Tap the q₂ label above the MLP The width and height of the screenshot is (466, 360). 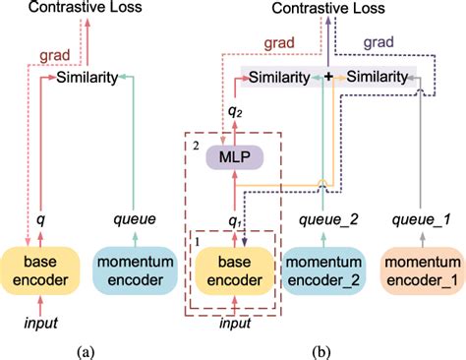pyautogui.click(x=233, y=111)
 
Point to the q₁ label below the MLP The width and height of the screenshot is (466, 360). pyautogui.click(x=233, y=220)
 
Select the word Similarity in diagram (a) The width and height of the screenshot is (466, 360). pyautogui.click(x=87, y=76)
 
